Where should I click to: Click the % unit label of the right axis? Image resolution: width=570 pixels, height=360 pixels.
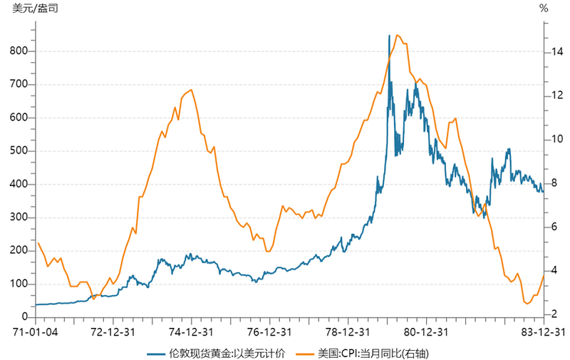point(544,9)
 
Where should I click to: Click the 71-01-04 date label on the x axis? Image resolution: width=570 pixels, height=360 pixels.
point(35,332)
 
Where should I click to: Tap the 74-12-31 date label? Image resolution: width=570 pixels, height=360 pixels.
point(192,332)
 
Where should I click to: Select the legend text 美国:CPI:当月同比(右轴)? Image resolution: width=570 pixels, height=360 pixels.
point(374,353)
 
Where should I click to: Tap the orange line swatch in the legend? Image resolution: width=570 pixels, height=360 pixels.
point(306,353)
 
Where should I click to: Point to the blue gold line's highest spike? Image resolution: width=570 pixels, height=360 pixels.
point(389,36)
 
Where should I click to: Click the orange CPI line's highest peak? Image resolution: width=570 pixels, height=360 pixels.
point(397,35)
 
